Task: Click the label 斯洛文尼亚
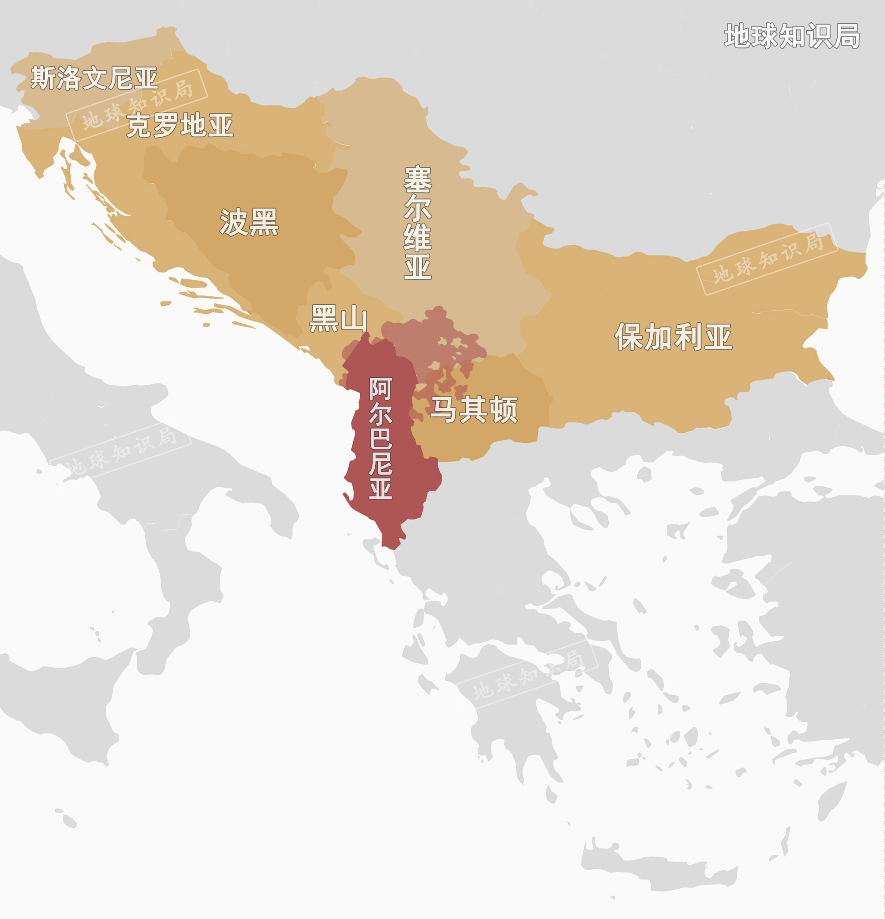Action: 94,78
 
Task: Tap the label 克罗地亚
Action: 180,125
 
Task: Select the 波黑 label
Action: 249,222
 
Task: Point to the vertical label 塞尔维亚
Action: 417,222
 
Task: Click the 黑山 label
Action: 338,319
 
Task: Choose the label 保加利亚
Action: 673,336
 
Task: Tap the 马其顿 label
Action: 474,410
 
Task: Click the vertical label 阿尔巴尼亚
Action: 380,438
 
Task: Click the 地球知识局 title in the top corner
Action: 792,36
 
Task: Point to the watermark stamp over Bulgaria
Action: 767,259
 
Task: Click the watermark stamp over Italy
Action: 120,451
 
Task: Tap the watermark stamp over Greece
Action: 528,675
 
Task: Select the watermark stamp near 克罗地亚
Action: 137,105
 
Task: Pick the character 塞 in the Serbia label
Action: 417,179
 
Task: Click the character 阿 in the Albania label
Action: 380,389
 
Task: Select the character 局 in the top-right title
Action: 847,36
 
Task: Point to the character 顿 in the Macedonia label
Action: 504,410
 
